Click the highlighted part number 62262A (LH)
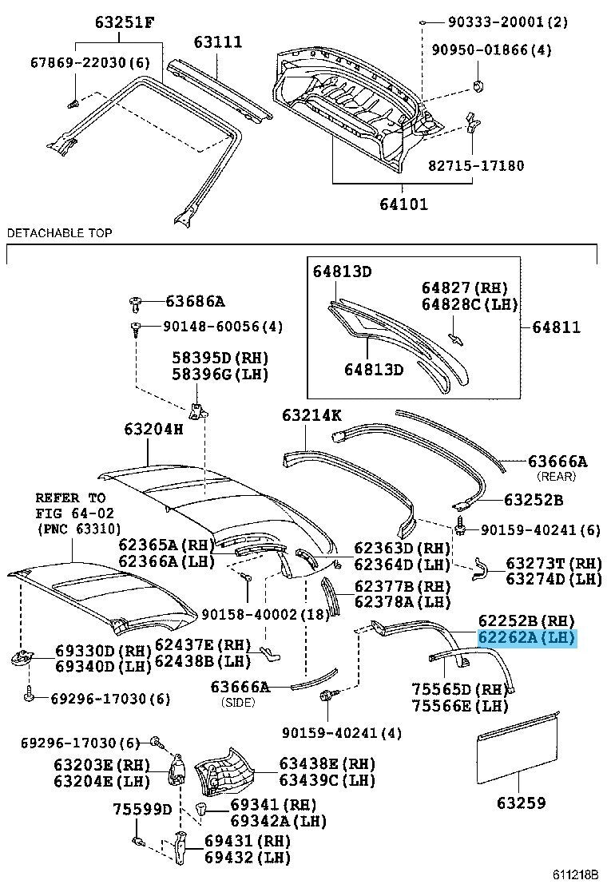click(x=526, y=638)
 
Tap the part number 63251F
click(x=124, y=22)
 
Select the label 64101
click(x=403, y=203)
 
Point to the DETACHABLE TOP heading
click(x=59, y=232)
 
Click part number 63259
click(x=522, y=803)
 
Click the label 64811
click(x=556, y=327)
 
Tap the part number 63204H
click(x=153, y=429)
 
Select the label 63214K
click(x=311, y=415)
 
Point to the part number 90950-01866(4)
click(x=491, y=50)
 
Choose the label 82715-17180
click(x=476, y=165)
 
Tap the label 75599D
click(x=141, y=809)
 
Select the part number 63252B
click(x=534, y=500)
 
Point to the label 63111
click(x=218, y=42)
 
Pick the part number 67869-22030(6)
click(x=90, y=61)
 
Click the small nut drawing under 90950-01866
click(x=478, y=85)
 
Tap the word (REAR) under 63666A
click(x=557, y=476)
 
